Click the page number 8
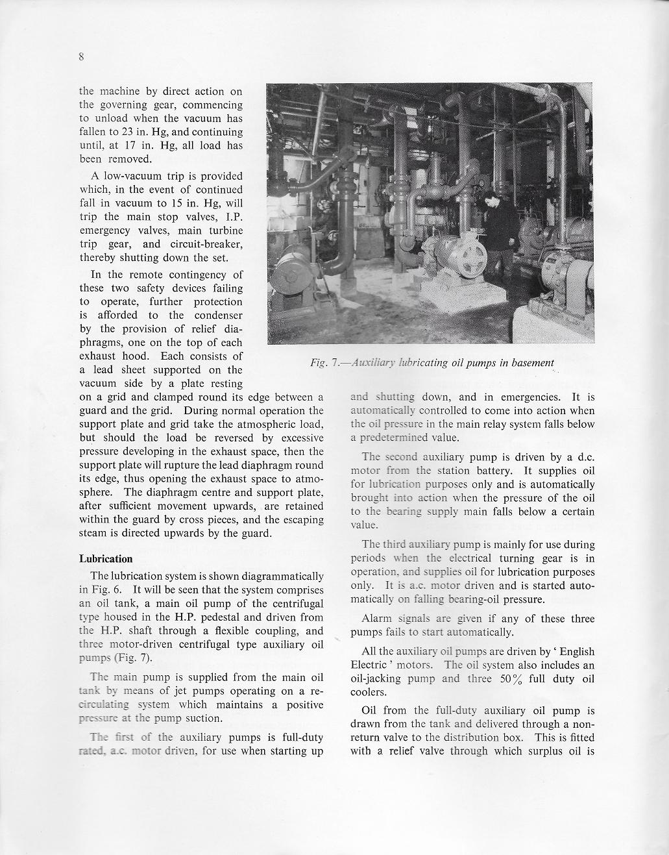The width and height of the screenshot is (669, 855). coord(82,56)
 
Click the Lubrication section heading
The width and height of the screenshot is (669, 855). coord(106,559)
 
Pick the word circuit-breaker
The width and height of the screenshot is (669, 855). coord(212,244)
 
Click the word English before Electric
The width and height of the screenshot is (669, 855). coord(574,652)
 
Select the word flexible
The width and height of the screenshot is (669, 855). coord(256,631)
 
